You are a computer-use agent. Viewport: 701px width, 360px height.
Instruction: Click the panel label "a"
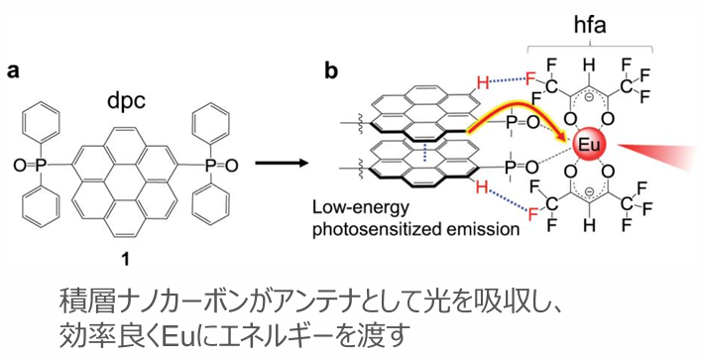14,70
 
